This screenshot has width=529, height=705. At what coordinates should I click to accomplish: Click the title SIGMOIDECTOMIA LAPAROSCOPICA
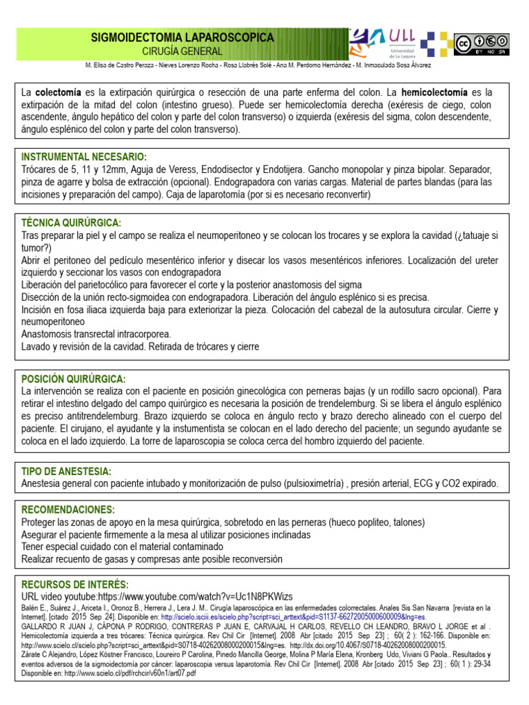click(x=183, y=38)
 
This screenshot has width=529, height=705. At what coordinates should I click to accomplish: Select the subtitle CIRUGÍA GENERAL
click(x=183, y=52)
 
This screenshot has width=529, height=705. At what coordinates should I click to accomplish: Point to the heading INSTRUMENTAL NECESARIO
click(x=84, y=157)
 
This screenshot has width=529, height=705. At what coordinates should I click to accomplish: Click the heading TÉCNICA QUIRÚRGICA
click(x=72, y=223)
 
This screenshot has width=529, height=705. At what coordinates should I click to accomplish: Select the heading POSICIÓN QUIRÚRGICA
click(x=74, y=379)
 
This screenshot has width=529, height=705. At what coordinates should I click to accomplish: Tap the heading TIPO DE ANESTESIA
click(x=66, y=472)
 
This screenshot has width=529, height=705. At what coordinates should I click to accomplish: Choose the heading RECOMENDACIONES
click(x=68, y=509)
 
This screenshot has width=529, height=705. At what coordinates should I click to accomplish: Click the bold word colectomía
click(x=59, y=92)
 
